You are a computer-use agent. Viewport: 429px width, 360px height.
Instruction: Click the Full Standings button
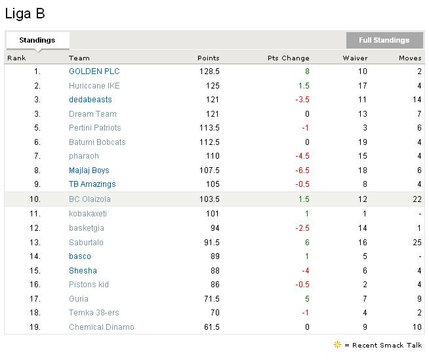[384, 40]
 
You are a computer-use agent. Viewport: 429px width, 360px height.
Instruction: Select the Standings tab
[37, 40]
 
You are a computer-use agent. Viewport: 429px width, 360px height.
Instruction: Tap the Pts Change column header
[288, 58]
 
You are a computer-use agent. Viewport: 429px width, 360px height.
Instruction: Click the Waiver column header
[355, 58]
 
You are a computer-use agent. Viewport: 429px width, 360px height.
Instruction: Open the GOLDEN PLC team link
[94, 71]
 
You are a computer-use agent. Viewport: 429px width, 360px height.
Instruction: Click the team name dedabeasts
[90, 100]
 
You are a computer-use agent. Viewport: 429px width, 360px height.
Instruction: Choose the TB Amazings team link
[92, 185]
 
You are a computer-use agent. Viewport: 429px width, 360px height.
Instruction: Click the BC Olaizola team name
[90, 199]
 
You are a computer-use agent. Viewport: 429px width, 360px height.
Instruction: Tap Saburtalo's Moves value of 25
[417, 242]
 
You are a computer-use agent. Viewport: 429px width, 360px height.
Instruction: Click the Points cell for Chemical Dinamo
[211, 327]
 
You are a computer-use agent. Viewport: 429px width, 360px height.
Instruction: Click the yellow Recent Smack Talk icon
[338, 344]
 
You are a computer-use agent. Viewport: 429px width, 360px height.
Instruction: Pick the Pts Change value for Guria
[306, 299]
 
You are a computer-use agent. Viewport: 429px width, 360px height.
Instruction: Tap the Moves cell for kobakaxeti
[419, 214]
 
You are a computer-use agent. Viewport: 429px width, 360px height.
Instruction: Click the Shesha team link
[83, 271]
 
